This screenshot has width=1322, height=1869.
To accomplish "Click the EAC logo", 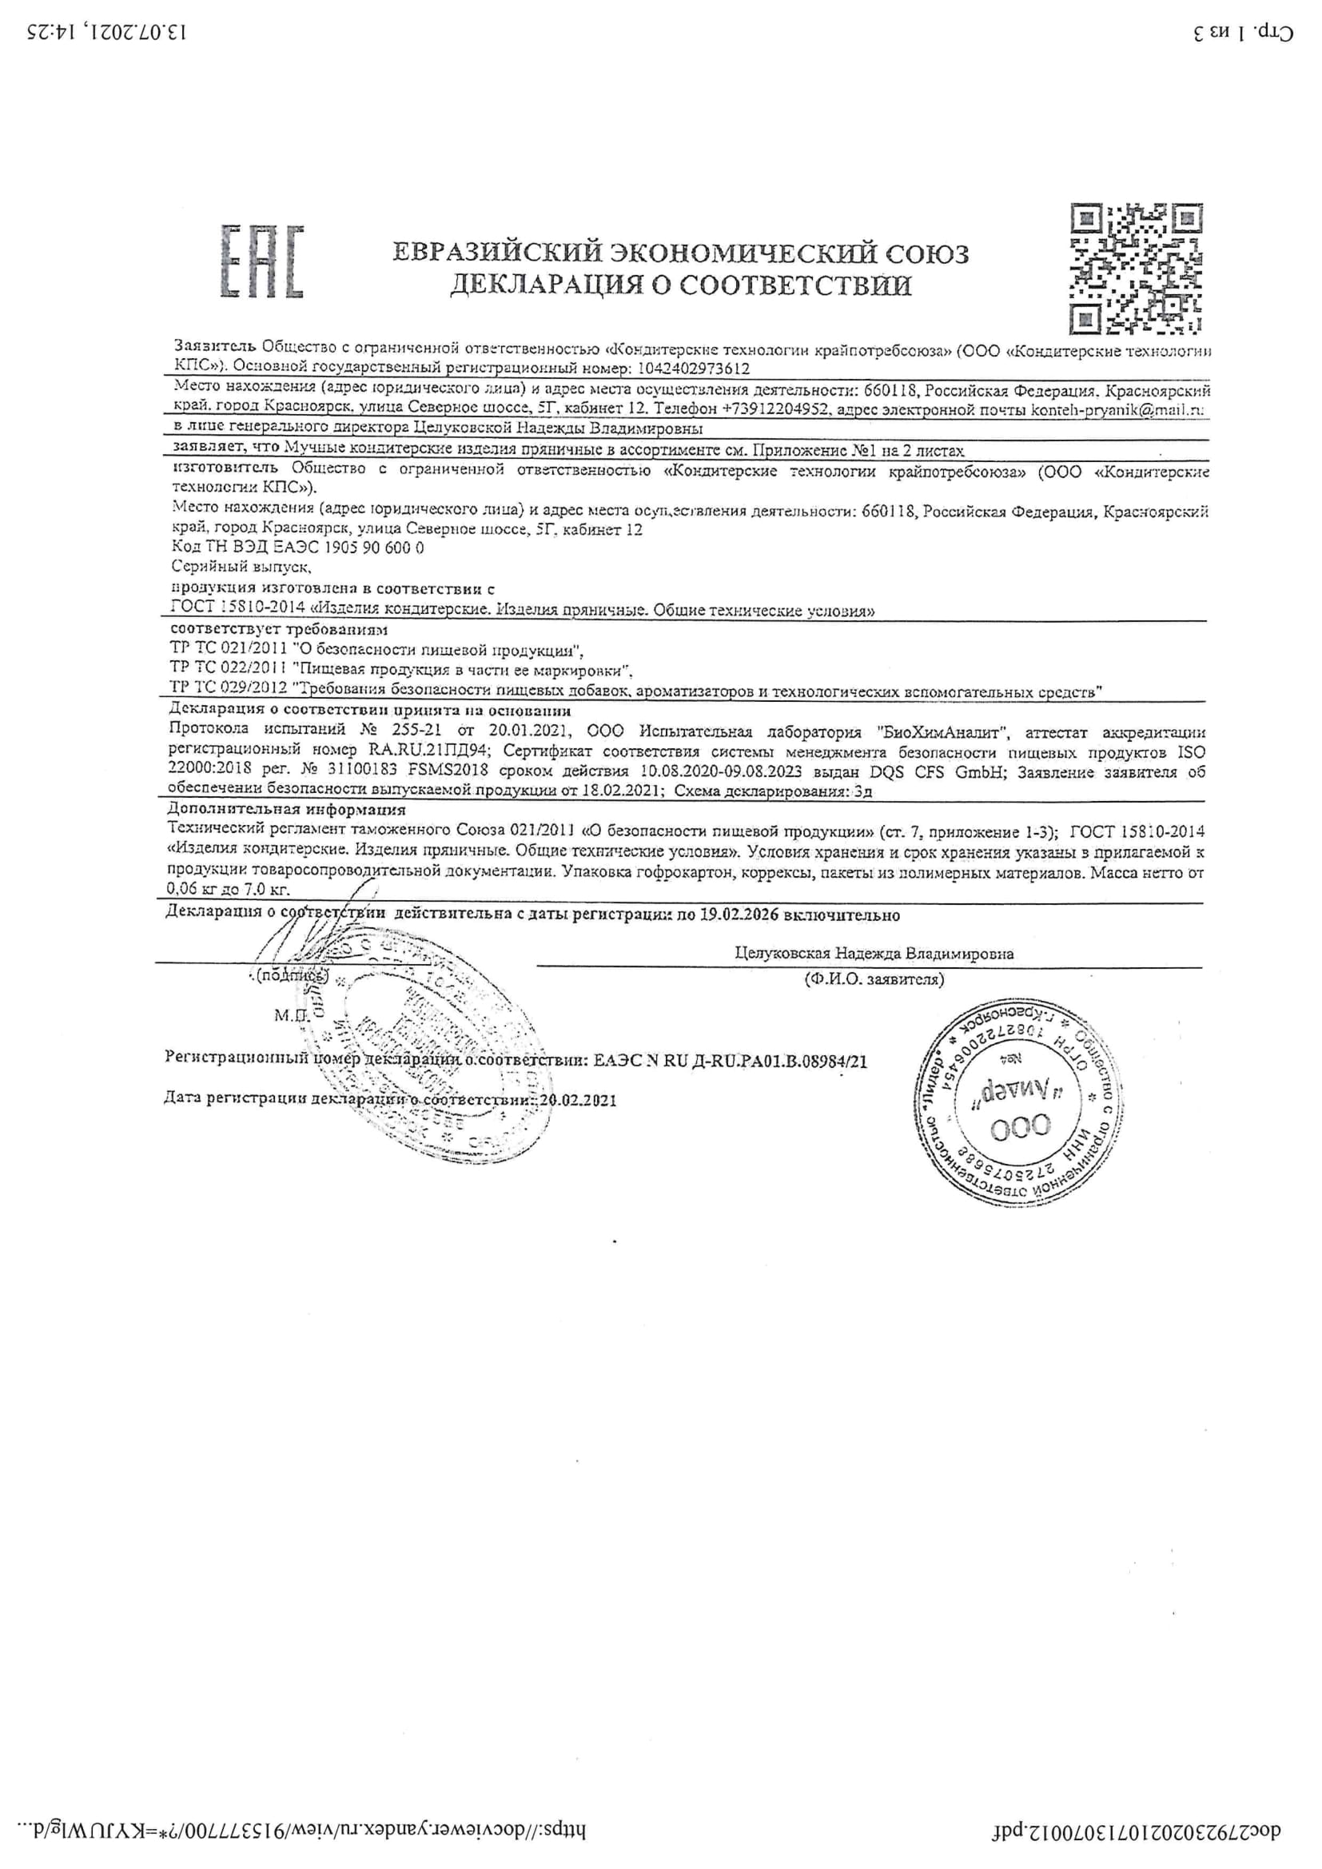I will pos(262,261).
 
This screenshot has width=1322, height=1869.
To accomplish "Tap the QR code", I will pos(1137,269).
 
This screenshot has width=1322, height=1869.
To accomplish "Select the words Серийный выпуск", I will pos(241,567).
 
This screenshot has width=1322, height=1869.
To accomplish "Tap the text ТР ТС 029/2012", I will pos(228,688).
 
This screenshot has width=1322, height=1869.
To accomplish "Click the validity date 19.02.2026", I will pos(739,915).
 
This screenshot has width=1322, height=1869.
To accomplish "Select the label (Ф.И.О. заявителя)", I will pos(874,979).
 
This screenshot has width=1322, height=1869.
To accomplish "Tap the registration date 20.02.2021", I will pos(578,1100).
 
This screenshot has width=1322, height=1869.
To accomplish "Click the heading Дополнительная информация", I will pos(287,810).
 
